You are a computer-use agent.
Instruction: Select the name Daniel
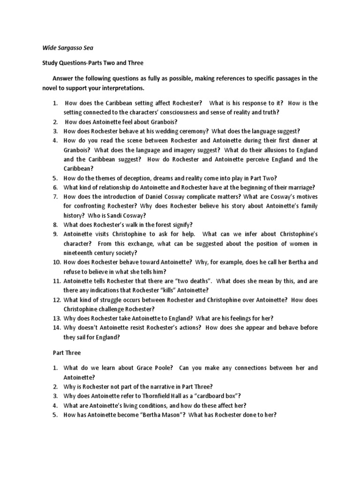[166, 197]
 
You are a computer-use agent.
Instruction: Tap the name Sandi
[110, 216]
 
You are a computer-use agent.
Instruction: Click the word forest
[163, 225]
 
